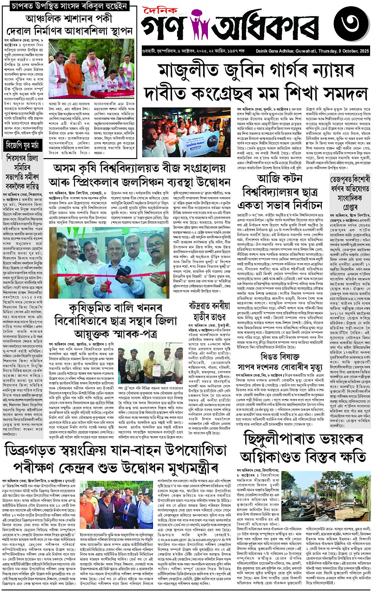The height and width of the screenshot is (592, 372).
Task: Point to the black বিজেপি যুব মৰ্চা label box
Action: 23,132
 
